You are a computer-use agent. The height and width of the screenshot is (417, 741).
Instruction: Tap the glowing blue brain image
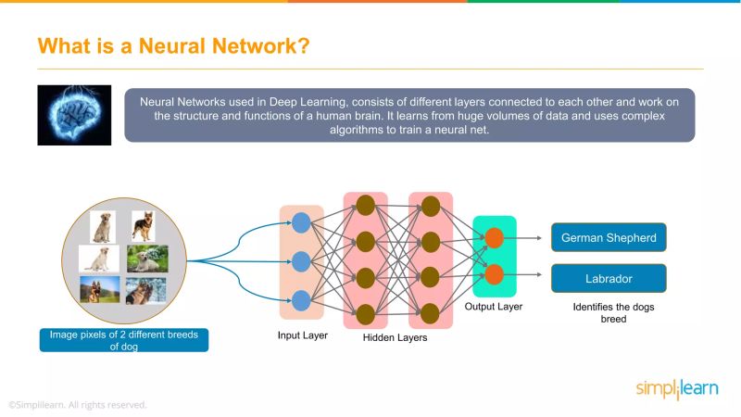click(x=74, y=115)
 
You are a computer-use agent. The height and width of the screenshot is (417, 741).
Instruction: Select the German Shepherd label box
click(x=609, y=237)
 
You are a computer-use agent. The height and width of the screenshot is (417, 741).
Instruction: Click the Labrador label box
click(x=609, y=277)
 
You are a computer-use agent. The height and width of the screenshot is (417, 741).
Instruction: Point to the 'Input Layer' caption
click(x=302, y=335)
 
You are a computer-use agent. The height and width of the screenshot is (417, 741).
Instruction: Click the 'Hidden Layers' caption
click(x=396, y=338)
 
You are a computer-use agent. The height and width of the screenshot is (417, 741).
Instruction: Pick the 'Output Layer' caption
click(x=494, y=306)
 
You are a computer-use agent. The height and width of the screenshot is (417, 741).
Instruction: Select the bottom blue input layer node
click(x=301, y=299)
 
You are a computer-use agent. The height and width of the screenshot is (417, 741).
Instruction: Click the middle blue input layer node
click(x=301, y=260)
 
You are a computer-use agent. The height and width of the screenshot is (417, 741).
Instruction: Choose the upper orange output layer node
click(x=495, y=237)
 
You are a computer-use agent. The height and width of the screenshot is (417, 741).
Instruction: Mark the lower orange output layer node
click(x=495, y=274)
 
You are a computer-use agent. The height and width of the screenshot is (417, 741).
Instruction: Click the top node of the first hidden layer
click(x=365, y=206)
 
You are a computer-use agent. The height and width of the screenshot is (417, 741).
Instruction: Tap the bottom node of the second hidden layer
click(x=430, y=311)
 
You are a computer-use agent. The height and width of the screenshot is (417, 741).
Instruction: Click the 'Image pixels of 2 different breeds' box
click(x=123, y=340)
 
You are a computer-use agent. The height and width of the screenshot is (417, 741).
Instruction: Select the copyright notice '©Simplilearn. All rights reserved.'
click(x=78, y=405)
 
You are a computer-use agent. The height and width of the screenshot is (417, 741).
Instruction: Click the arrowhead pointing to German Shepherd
click(x=538, y=237)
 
